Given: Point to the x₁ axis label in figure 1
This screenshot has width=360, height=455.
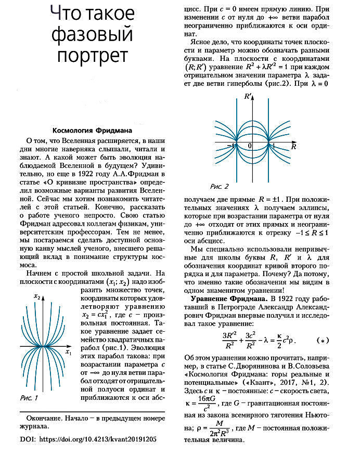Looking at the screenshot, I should (68, 353).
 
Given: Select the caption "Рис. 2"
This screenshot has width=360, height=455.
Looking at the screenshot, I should (219, 186).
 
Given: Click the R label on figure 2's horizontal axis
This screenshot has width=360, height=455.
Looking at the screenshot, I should (293, 148).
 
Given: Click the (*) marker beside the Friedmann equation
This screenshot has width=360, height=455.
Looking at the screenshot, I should (323, 341).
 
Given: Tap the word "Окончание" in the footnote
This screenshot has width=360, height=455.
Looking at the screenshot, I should (44, 418).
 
